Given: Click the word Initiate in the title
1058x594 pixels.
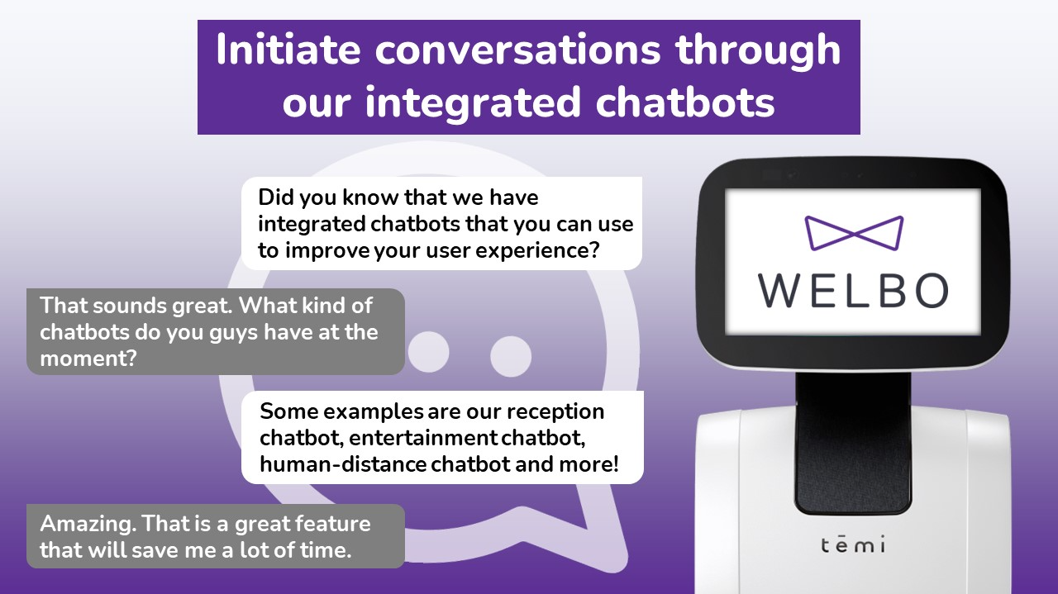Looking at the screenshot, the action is [288, 50].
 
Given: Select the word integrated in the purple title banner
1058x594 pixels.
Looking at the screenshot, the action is [473, 104].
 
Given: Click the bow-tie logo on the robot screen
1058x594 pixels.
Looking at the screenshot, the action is [854, 233].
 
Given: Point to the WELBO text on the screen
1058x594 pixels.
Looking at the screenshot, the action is [854, 290].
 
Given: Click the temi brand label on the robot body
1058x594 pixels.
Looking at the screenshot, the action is [853, 544].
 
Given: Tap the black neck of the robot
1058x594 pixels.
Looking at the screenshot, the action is [853, 444].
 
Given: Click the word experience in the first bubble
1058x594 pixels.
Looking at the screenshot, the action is [537, 250].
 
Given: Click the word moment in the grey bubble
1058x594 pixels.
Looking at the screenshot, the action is [88, 359].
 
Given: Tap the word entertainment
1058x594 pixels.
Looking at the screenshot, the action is [423, 438].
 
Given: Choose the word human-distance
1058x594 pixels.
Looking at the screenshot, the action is [343, 464].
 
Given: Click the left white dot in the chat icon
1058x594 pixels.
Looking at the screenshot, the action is [428, 352].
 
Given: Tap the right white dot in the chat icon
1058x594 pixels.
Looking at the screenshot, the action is [511, 356].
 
